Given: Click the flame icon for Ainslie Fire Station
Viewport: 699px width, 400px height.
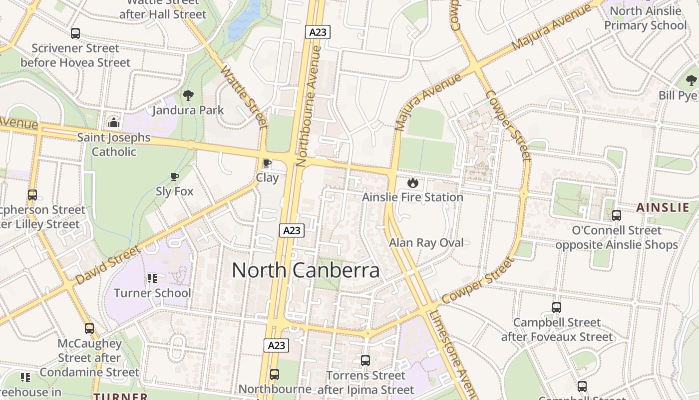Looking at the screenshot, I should [x=412, y=182].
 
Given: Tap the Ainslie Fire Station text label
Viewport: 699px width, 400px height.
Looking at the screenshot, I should [x=412, y=197].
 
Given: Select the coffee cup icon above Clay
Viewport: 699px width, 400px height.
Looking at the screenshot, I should [x=267, y=163].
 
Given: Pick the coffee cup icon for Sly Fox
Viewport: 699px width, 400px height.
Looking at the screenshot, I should [x=174, y=176].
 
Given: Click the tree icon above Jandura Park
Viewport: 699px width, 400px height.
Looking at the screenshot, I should [x=188, y=95].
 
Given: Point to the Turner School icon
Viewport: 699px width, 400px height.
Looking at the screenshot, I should [x=152, y=278].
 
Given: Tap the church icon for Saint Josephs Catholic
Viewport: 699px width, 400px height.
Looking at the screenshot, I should [x=114, y=122].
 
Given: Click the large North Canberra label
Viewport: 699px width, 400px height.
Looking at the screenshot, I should [x=306, y=270].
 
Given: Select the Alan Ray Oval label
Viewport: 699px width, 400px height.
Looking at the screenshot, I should [x=426, y=243].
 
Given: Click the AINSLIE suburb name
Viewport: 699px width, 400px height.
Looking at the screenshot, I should [x=663, y=208].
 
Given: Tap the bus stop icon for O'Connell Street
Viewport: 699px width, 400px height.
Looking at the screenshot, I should [x=617, y=215].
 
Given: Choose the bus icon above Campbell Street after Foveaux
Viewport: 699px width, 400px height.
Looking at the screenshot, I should [x=557, y=307].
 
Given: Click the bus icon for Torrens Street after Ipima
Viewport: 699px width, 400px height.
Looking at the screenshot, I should [x=365, y=360].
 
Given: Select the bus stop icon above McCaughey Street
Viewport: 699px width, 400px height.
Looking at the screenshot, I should [x=89, y=328].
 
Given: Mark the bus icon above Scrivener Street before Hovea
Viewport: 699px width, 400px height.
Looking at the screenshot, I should [x=75, y=33].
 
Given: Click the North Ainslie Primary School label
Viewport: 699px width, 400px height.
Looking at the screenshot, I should [x=645, y=18].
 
